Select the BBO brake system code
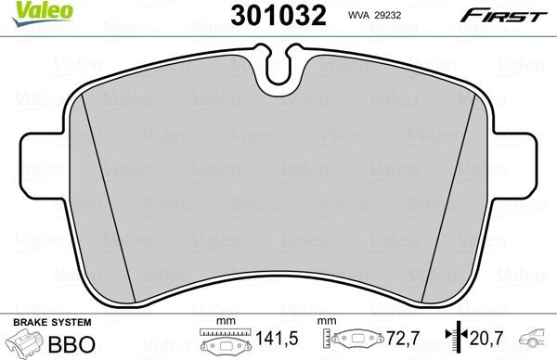(x=73, y=343)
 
